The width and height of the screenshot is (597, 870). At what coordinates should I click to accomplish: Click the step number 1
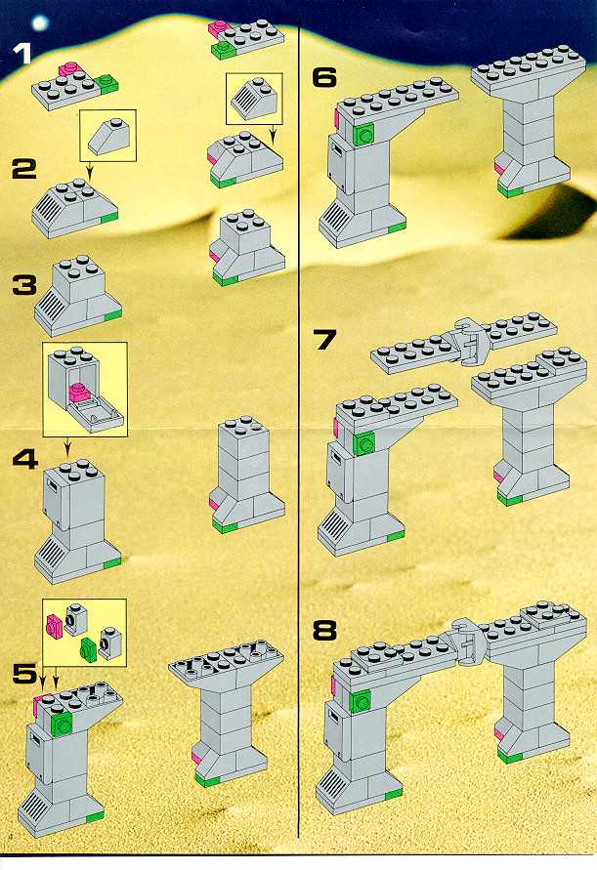click(x=22, y=55)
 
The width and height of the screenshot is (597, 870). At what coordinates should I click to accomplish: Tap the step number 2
click(x=25, y=169)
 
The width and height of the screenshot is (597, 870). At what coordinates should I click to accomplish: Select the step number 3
click(x=25, y=286)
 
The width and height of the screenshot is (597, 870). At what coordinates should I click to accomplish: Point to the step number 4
click(x=25, y=460)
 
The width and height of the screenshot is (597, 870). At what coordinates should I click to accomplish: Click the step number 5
click(x=25, y=673)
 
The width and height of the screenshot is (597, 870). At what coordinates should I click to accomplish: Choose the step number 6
click(x=324, y=77)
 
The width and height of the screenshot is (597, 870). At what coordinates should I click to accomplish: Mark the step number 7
click(x=324, y=340)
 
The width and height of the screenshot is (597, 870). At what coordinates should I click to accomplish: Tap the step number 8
click(x=324, y=631)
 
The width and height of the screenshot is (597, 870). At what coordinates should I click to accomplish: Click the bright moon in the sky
click(x=40, y=23)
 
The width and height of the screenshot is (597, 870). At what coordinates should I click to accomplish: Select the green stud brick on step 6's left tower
click(x=363, y=134)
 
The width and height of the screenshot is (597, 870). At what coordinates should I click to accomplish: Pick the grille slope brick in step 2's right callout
click(x=254, y=97)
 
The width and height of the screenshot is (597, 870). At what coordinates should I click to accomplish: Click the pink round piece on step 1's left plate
click(x=68, y=70)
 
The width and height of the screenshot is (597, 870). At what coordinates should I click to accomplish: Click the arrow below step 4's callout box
click(x=67, y=445)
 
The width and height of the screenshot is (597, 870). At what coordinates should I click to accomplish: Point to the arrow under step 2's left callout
click(x=89, y=169)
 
